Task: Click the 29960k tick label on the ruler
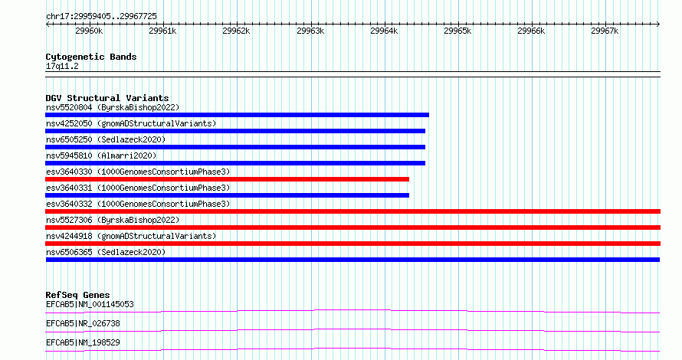coord(89,31)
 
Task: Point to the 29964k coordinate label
coord(384,31)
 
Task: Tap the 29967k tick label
coord(604,31)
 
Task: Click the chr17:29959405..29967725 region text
coord(101,17)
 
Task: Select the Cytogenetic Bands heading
coord(91,57)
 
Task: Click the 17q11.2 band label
coord(62,66)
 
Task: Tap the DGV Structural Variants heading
coord(107,98)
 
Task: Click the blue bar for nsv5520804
coord(237,115)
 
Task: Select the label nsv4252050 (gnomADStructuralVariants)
coord(131,123)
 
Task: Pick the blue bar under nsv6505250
coord(235,147)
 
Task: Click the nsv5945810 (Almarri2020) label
coord(101,155)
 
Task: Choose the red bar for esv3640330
coord(227,179)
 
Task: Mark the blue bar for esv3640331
coord(227,195)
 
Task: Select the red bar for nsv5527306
coord(352,227)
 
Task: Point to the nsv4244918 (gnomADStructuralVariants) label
coord(131,236)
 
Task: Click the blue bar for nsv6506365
coord(352,260)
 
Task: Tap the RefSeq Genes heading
coord(77,295)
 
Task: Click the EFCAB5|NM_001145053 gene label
coord(90,304)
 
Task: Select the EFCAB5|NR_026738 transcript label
coord(83,323)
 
